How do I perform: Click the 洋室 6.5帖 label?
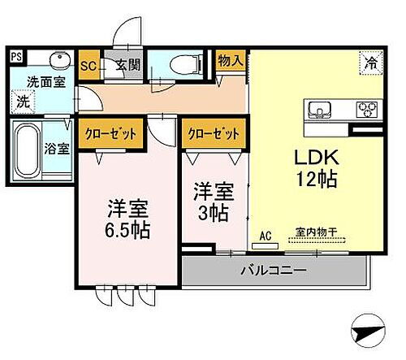click(127, 217)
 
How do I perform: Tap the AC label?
click(264, 237)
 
